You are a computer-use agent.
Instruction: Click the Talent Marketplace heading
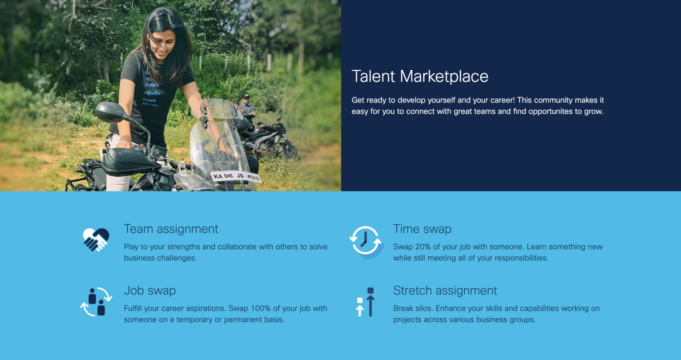pyautogui.click(x=420, y=77)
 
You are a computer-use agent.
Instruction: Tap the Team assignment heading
pyautogui.click(x=171, y=229)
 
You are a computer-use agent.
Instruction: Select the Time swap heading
pyautogui.click(x=422, y=229)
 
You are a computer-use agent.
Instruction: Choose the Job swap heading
pyautogui.click(x=150, y=291)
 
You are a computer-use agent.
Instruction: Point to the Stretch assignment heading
pyautogui.click(x=445, y=291)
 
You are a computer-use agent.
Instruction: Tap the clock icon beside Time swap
pyautogui.click(x=365, y=240)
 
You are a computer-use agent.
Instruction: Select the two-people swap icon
pyautogui.click(x=96, y=302)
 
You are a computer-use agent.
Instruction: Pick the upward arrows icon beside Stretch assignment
pyautogui.click(x=365, y=302)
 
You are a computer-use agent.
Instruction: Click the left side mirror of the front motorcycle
pyautogui.click(x=110, y=112)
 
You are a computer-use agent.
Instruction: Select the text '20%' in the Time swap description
pyautogui.click(x=423, y=247)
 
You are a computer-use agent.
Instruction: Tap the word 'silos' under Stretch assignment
pyautogui.click(x=423, y=308)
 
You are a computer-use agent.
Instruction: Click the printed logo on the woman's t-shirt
pyautogui.click(x=152, y=92)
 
